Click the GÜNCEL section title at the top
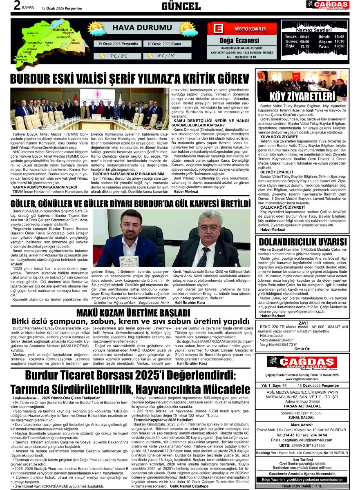(181, 6)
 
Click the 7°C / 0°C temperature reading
(119, 56)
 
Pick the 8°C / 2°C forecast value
(166, 56)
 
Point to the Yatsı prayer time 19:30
(339, 46)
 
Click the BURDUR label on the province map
(60, 30)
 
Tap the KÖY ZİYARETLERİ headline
(303, 97)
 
